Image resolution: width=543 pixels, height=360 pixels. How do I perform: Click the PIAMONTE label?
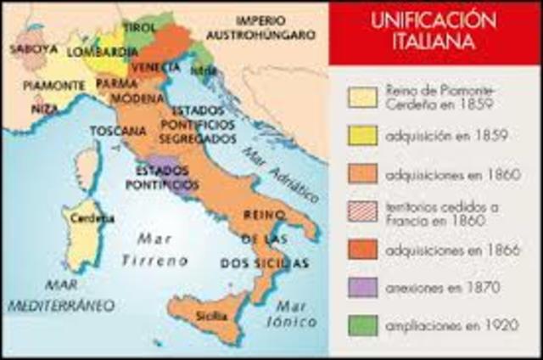tap(53, 86)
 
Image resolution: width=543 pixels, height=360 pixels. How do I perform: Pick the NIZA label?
tap(45, 109)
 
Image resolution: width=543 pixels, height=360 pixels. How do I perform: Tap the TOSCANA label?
tap(118, 131)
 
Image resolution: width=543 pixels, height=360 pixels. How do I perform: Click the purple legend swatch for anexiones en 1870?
tap(362, 286)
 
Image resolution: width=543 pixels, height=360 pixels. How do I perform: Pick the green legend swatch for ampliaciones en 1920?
tap(362, 324)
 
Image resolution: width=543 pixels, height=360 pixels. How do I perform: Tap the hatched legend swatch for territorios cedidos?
tap(362, 211)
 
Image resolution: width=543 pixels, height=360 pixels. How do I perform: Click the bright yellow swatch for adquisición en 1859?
tap(362, 135)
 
